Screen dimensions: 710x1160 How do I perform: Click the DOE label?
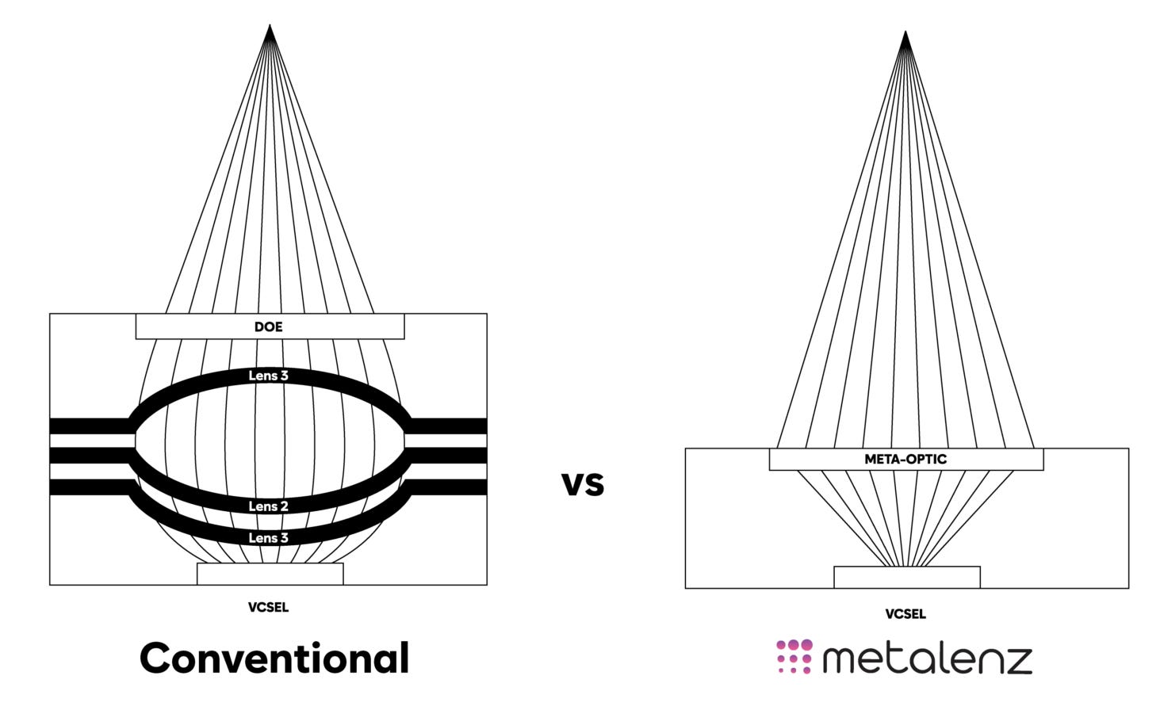[x=268, y=326]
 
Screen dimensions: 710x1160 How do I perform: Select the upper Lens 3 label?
[x=268, y=376]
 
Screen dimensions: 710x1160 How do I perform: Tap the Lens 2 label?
[x=268, y=506]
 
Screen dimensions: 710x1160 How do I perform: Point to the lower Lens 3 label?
[x=268, y=538]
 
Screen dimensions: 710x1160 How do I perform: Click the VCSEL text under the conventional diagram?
[x=268, y=608]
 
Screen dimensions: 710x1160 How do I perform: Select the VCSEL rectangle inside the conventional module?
[x=270, y=574]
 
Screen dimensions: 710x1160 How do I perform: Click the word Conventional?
[x=274, y=658]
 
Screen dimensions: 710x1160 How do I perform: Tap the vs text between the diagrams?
[x=583, y=483]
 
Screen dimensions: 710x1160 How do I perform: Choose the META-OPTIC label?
[x=905, y=459]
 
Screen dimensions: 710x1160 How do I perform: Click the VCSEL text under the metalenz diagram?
[x=905, y=614]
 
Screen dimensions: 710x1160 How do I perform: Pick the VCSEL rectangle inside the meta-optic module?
[x=906, y=577]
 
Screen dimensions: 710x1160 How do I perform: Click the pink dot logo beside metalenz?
[x=794, y=657]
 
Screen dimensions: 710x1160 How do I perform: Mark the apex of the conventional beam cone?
[x=270, y=29]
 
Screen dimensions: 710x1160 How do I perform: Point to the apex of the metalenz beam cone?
[x=905, y=35]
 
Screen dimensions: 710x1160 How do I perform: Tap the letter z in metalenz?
[x=1016, y=660]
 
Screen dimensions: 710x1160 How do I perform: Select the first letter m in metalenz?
[x=841, y=660]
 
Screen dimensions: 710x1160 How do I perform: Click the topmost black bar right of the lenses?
[x=448, y=426]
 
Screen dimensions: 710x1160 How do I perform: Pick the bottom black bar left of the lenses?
[x=89, y=487]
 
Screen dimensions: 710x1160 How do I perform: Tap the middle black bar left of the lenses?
[x=89, y=456]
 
